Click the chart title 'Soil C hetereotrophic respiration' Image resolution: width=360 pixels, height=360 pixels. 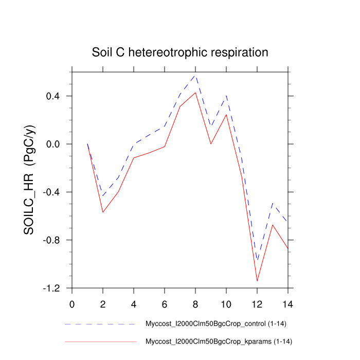click(x=180, y=52)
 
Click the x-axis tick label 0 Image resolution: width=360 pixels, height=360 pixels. click(x=72, y=303)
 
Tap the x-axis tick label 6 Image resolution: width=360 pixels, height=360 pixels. click(x=165, y=303)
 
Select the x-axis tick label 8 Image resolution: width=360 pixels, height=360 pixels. click(x=195, y=303)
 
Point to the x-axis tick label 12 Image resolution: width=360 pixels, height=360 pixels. click(x=257, y=303)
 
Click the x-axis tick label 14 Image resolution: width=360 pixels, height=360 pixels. click(x=288, y=303)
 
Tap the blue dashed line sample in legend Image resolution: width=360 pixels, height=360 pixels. click(x=100, y=325)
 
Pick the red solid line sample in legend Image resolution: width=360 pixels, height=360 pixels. click(x=100, y=341)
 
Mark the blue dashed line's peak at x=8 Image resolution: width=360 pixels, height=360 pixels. click(x=195, y=76)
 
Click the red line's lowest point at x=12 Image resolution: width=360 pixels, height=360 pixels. click(x=257, y=281)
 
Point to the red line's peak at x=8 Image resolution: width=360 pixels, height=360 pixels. click(x=195, y=93)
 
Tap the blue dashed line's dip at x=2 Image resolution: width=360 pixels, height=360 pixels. click(x=103, y=196)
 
